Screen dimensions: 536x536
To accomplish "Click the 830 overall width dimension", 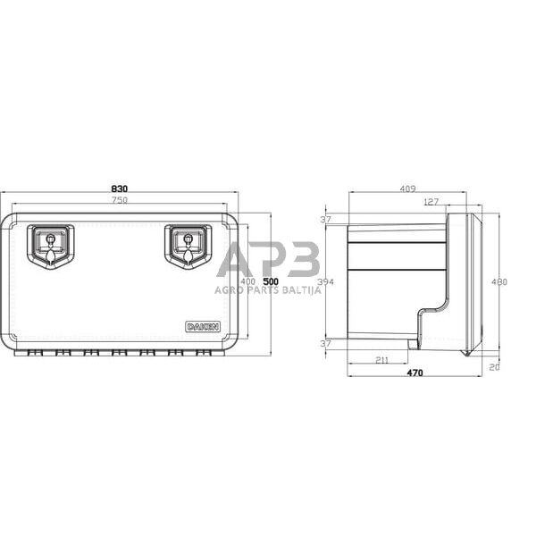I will point(119,188).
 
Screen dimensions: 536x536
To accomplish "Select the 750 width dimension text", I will point(119,201).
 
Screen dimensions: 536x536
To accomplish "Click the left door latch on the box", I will point(51,246).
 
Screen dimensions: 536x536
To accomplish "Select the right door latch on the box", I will point(188,246).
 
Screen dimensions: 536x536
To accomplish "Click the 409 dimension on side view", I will point(407,188).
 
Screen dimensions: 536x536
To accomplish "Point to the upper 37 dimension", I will point(325,219).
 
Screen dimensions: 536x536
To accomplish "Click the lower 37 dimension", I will point(325,343).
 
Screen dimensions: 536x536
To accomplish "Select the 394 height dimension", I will point(325,282).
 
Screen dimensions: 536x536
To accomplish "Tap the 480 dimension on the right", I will point(498,282).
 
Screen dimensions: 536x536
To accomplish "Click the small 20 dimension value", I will point(494,367).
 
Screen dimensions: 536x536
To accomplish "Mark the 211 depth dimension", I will point(382,359).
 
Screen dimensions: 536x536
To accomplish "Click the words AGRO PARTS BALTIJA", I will point(268,289).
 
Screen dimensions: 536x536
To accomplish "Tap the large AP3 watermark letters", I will point(268,260).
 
